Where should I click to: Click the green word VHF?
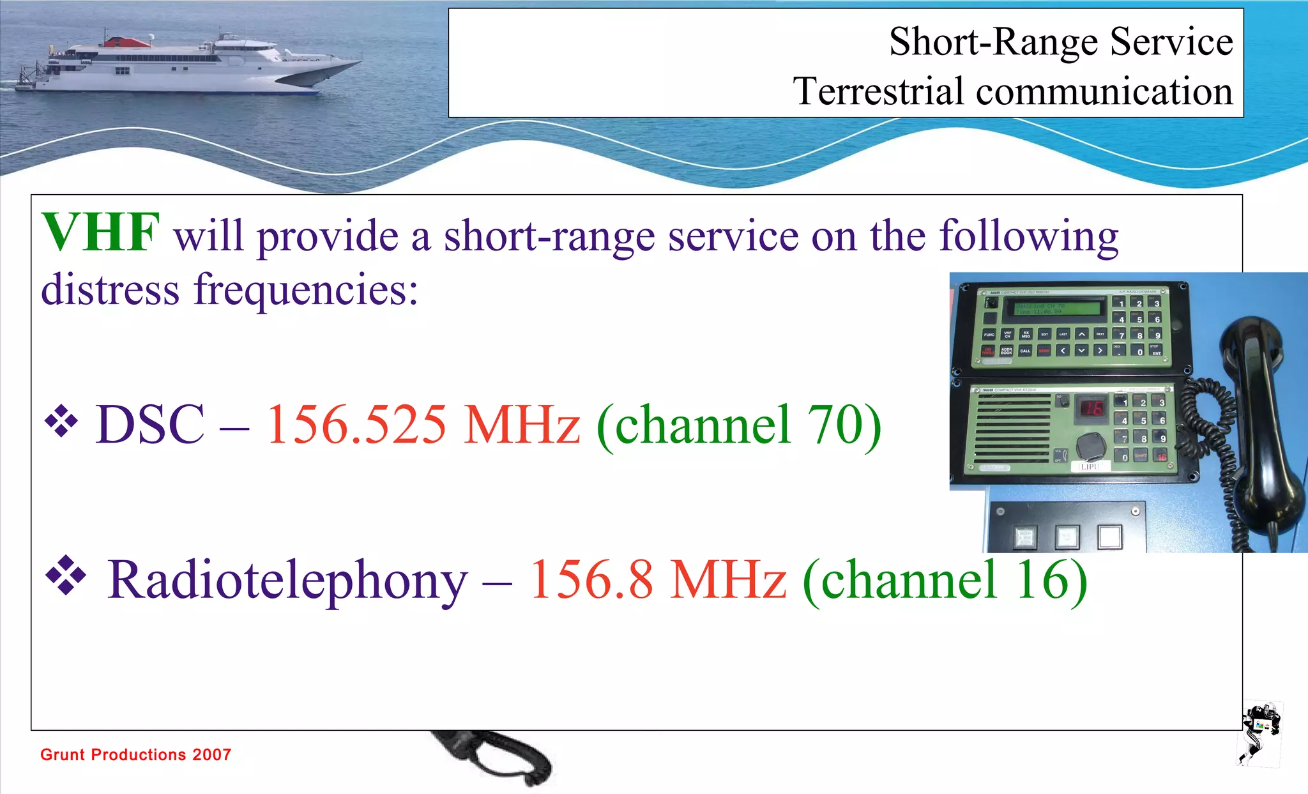(100, 233)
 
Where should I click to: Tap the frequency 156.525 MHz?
(423, 425)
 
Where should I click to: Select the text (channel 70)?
(739, 426)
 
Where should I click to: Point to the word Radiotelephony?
(287, 580)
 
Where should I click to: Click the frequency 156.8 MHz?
(658, 580)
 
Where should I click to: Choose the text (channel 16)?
(945, 580)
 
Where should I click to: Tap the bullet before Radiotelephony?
(66, 575)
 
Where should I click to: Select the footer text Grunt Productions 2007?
(135, 754)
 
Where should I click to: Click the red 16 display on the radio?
(1091, 408)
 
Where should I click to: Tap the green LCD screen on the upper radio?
(1051, 309)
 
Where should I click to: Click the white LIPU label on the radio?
(1090, 466)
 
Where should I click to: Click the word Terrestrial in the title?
(878, 91)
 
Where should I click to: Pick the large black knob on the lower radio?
(1091, 445)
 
